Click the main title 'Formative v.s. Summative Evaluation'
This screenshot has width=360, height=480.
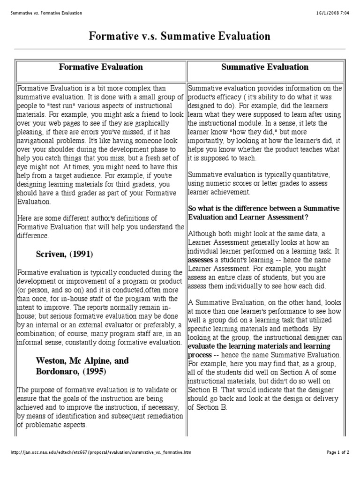pyautogui.click(x=180, y=36)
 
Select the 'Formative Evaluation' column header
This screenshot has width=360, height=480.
pyautogui.click(x=101, y=67)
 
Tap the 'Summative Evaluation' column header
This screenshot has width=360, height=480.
pyautogui.click(x=265, y=67)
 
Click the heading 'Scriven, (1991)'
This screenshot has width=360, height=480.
pyautogui.click(x=64, y=254)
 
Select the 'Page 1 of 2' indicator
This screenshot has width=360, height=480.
pyautogui.click(x=338, y=453)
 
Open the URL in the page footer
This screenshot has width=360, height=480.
pyautogui.click(x=101, y=453)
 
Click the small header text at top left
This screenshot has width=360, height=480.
pyautogui.click(x=46, y=13)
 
